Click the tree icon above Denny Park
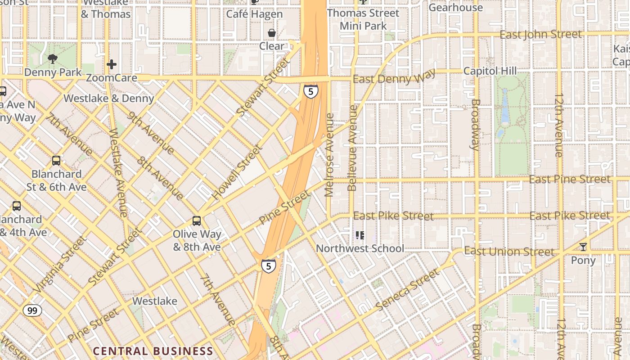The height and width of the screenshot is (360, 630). click(53, 58)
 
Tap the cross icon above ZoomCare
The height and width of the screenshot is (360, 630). click(112, 64)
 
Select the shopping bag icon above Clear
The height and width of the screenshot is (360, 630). click(272, 33)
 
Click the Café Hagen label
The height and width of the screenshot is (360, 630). click(254, 14)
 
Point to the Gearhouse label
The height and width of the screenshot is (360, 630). click(455, 7)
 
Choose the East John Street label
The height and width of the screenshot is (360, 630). click(540, 34)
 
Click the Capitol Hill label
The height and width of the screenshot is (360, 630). click(490, 71)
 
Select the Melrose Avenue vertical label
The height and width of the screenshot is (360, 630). click(329, 155)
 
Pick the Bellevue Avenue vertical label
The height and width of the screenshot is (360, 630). click(352, 148)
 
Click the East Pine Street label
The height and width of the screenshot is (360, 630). click(570, 179)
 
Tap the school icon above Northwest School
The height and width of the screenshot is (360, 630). click(360, 235)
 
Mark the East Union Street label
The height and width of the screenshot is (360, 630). click(509, 251)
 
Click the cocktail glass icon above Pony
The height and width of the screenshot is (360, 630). click(583, 247)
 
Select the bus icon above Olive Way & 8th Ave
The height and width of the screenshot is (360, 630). click(197, 221)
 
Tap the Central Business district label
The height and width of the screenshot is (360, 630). click(153, 351)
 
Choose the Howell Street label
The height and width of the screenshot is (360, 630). click(237, 172)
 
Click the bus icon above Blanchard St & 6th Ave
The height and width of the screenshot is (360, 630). click(56, 161)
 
